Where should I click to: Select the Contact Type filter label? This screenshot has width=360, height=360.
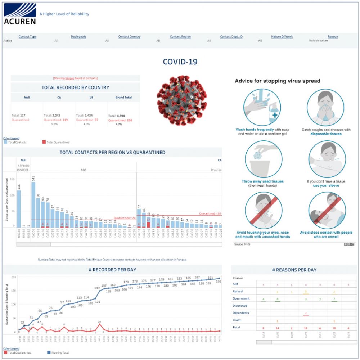click(x=27, y=37)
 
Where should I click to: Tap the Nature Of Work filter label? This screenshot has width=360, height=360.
click(x=282, y=37)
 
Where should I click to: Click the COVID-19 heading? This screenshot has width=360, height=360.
click(x=180, y=62)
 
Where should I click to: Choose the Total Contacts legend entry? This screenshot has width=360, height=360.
click(x=16, y=143)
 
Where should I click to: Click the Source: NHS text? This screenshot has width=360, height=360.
click(x=242, y=244)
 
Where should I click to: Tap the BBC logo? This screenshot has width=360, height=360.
click(x=349, y=244)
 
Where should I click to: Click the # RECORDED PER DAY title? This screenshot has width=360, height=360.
click(x=113, y=270)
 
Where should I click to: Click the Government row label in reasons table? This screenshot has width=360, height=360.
click(x=241, y=298)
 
